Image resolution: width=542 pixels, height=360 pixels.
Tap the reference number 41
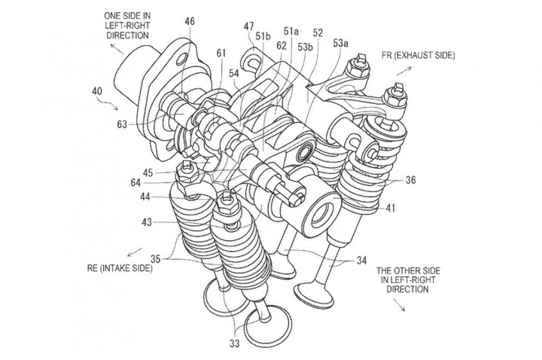(391, 205)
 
